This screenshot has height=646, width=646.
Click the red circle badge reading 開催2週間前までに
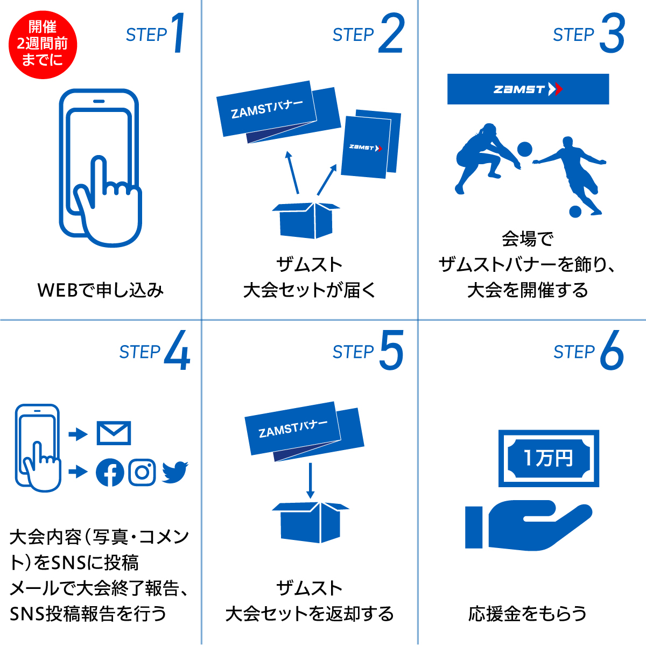point(43,45)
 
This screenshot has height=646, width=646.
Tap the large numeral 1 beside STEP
point(178,32)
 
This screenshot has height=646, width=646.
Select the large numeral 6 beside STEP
point(612,350)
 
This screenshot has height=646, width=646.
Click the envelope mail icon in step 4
point(114,433)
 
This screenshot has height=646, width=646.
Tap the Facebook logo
point(110,472)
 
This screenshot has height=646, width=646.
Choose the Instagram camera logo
point(142,472)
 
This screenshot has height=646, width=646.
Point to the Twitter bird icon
point(174,472)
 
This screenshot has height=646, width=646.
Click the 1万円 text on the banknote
point(549,458)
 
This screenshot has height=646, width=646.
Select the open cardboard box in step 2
point(306,220)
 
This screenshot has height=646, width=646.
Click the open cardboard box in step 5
point(311,522)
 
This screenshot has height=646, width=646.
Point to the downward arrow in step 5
point(311,481)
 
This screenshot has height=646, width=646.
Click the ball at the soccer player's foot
point(575,212)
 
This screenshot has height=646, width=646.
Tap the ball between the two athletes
point(525,149)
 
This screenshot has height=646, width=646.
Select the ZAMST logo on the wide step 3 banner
point(528,89)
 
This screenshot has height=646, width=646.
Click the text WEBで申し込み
point(101,290)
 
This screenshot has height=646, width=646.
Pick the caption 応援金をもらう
point(528,614)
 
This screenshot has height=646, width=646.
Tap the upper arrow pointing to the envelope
point(78,434)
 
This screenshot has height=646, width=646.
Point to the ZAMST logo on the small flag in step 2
point(366,148)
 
